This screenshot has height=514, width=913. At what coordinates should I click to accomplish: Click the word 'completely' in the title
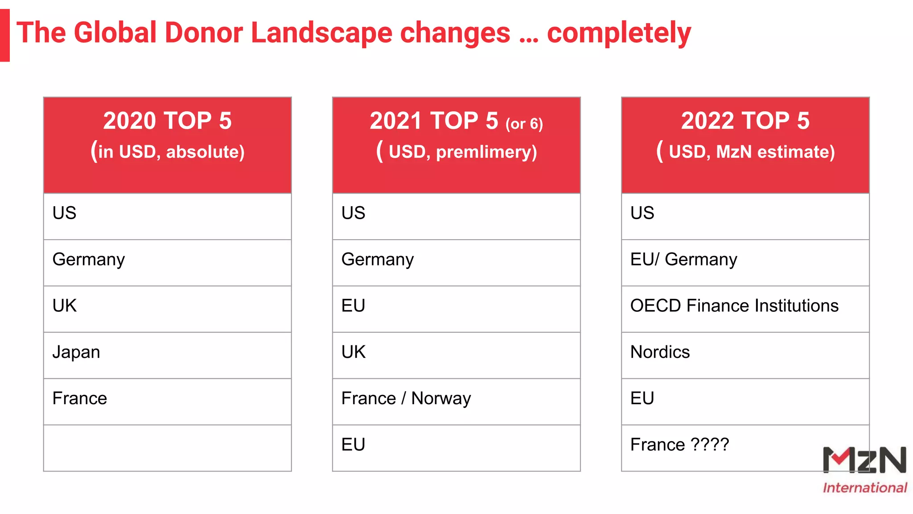pyautogui.click(x=619, y=33)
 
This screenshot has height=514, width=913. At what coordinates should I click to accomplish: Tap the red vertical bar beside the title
pyautogui.click(x=4, y=35)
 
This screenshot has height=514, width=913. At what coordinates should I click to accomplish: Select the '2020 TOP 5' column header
pyautogui.click(x=167, y=121)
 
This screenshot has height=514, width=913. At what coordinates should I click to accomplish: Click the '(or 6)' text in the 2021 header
pyautogui.click(x=524, y=124)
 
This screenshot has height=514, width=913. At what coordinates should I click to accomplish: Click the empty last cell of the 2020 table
pyautogui.click(x=167, y=448)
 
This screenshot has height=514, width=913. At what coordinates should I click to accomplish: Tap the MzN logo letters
pyautogui.click(x=864, y=460)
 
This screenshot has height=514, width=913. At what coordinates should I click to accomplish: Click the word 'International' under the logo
pyautogui.click(x=864, y=488)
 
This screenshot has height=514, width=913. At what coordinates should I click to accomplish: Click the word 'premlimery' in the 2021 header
pyautogui.click(x=486, y=152)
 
